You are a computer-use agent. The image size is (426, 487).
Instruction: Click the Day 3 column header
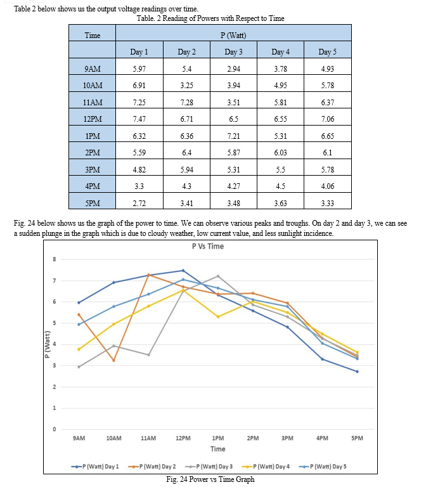tap(233, 52)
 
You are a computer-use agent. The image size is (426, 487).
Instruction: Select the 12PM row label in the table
tap(93, 119)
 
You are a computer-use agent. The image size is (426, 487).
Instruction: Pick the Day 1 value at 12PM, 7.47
tap(139, 119)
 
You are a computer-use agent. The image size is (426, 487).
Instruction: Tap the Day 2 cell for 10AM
tap(186, 86)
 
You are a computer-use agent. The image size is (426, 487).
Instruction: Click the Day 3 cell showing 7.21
tap(233, 136)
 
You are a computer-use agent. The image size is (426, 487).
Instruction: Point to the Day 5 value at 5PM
tap(328, 204)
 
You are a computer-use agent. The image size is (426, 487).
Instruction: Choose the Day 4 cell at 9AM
tap(280, 68)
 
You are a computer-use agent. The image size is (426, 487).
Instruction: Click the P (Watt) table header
tap(233, 35)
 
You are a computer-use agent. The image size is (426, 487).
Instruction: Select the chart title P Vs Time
tap(208, 246)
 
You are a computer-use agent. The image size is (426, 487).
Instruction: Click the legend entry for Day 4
tap(266, 467)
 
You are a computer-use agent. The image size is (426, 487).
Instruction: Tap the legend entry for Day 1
tap(95, 467)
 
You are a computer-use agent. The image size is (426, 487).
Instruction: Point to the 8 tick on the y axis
tap(55, 259)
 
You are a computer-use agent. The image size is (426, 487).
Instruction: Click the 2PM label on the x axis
tap(253, 438)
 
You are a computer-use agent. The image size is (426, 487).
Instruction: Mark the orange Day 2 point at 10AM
tap(113, 360)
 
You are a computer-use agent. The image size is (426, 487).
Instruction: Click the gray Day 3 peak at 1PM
tap(218, 276)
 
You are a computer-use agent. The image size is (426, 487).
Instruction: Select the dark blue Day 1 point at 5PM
tap(357, 372)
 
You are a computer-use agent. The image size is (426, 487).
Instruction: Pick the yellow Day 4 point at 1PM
tap(218, 317)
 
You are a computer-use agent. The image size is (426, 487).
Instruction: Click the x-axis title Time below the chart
tap(218, 449)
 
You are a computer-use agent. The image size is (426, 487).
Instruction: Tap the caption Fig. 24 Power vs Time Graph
tap(210, 479)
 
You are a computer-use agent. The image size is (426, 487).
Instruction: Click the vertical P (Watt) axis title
tap(47, 344)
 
